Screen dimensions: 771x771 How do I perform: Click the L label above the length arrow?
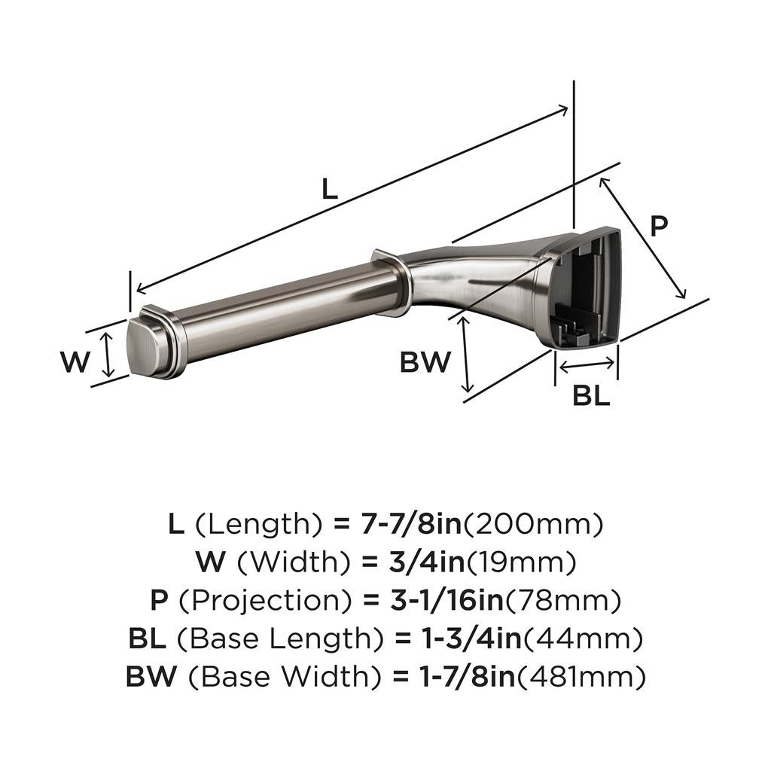[329, 187]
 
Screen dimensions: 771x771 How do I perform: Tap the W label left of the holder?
[75, 363]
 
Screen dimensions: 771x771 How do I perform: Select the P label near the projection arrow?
[659, 226]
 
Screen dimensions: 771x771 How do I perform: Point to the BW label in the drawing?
[425, 363]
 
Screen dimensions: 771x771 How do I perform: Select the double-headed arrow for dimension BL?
[587, 366]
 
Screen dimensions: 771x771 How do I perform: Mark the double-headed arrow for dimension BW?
[466, 354]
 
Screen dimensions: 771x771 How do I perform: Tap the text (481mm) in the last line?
[581, 677]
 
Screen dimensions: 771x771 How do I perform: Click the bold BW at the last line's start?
[151, 677]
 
